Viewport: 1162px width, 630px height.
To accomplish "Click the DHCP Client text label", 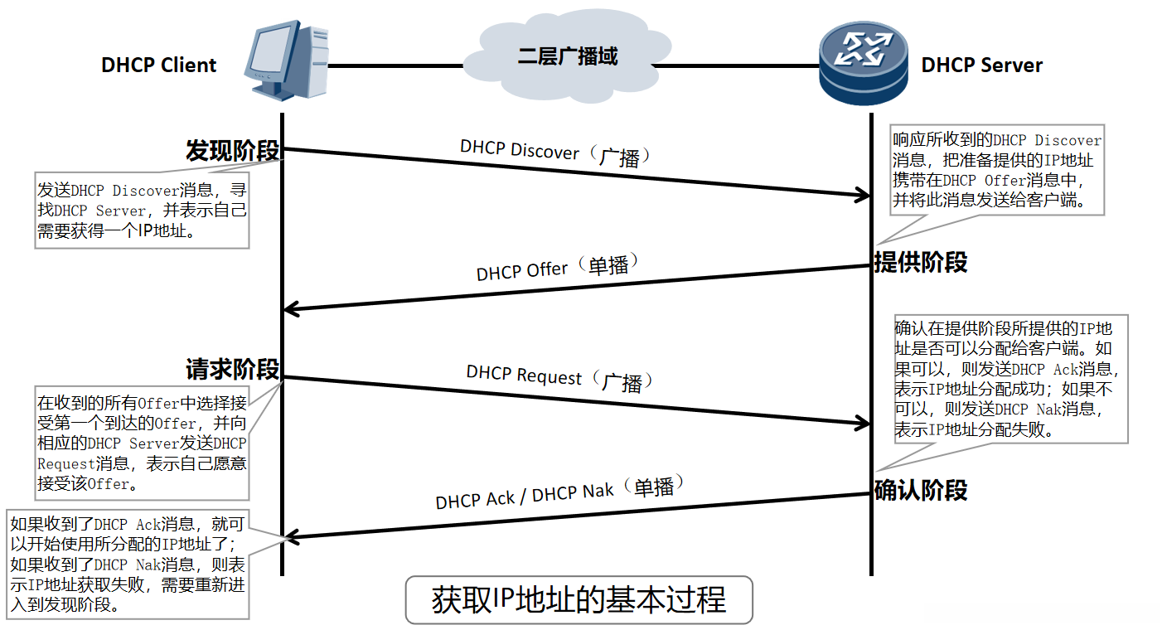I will tap(158, 65).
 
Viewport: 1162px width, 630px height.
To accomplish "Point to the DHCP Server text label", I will tap(981, 65).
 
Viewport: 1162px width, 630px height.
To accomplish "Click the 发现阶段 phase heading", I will tap(232, 152).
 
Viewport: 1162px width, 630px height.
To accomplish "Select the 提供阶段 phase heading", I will tap(921, 263).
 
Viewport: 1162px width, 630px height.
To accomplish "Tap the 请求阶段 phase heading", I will tap(232, 369).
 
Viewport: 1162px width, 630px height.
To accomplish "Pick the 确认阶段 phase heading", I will tap(921, 490).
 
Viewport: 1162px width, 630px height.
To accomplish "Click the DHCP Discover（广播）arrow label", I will tap(556, 153).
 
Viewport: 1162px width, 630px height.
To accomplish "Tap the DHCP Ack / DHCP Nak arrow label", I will tap(560, 492).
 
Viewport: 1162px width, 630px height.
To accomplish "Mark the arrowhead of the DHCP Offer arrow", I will tap(291, 309).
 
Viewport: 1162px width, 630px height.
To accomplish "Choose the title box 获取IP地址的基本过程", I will tap(579, 600).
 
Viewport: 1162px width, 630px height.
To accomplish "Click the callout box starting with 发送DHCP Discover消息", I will tap(142, 211).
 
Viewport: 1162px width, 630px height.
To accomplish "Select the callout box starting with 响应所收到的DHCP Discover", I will tap(997, 171).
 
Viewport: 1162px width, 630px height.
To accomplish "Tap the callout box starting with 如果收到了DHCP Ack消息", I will tap(128, 564).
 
